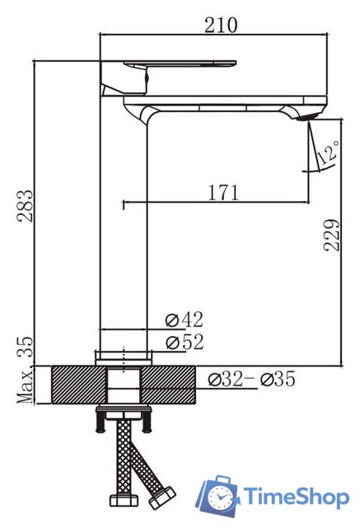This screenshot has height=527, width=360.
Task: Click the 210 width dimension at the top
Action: pyautogui.click(x=221, y=25)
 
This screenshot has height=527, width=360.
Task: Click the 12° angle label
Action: pyautogui.click(x=331, y=153)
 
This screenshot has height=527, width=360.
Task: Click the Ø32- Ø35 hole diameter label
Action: pyautogui.click(x=251, y=379)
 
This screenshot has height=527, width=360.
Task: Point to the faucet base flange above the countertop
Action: pyautogui.click(x=124, y=357)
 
